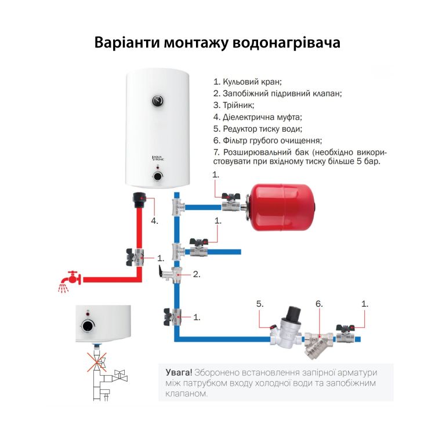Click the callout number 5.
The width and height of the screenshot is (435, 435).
(260, 303)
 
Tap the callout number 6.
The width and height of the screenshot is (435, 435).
(318, 303)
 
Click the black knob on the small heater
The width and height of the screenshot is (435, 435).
(88, 325)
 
